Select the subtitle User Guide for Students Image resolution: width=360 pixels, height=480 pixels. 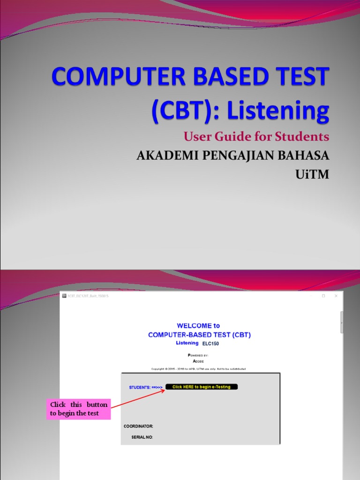click(256, 137)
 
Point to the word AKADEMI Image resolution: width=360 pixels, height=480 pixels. click(162, 156)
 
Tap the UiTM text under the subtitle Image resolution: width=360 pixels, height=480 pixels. click(313, 174)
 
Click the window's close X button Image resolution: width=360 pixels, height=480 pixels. click(336, 296)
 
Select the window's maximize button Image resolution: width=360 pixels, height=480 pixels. click(323, 296)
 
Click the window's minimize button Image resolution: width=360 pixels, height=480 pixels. click(310, 296)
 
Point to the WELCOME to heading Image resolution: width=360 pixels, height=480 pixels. click(198, 325)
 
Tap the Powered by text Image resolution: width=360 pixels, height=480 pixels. click(198, 355)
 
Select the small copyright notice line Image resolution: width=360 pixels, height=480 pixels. click(198, 369)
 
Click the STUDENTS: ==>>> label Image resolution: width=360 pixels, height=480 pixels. click(146, 387)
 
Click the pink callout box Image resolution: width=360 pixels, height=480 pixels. click(79, 409)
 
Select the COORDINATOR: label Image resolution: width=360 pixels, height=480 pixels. click(138, 426)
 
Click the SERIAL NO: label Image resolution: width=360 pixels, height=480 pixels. click(142, 437)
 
